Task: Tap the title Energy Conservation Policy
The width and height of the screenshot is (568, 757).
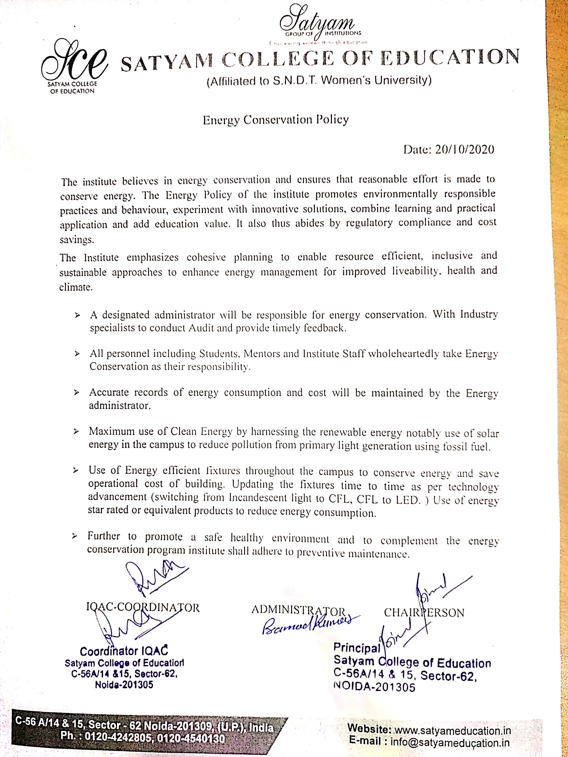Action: pos(276,120)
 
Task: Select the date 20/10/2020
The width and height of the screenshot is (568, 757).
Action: pos(465,150)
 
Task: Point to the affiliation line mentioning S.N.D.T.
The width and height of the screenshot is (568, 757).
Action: pos(319,81)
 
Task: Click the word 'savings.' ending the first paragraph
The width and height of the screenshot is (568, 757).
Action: pos(77,240)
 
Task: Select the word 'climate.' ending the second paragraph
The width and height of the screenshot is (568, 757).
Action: pos(76,287)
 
